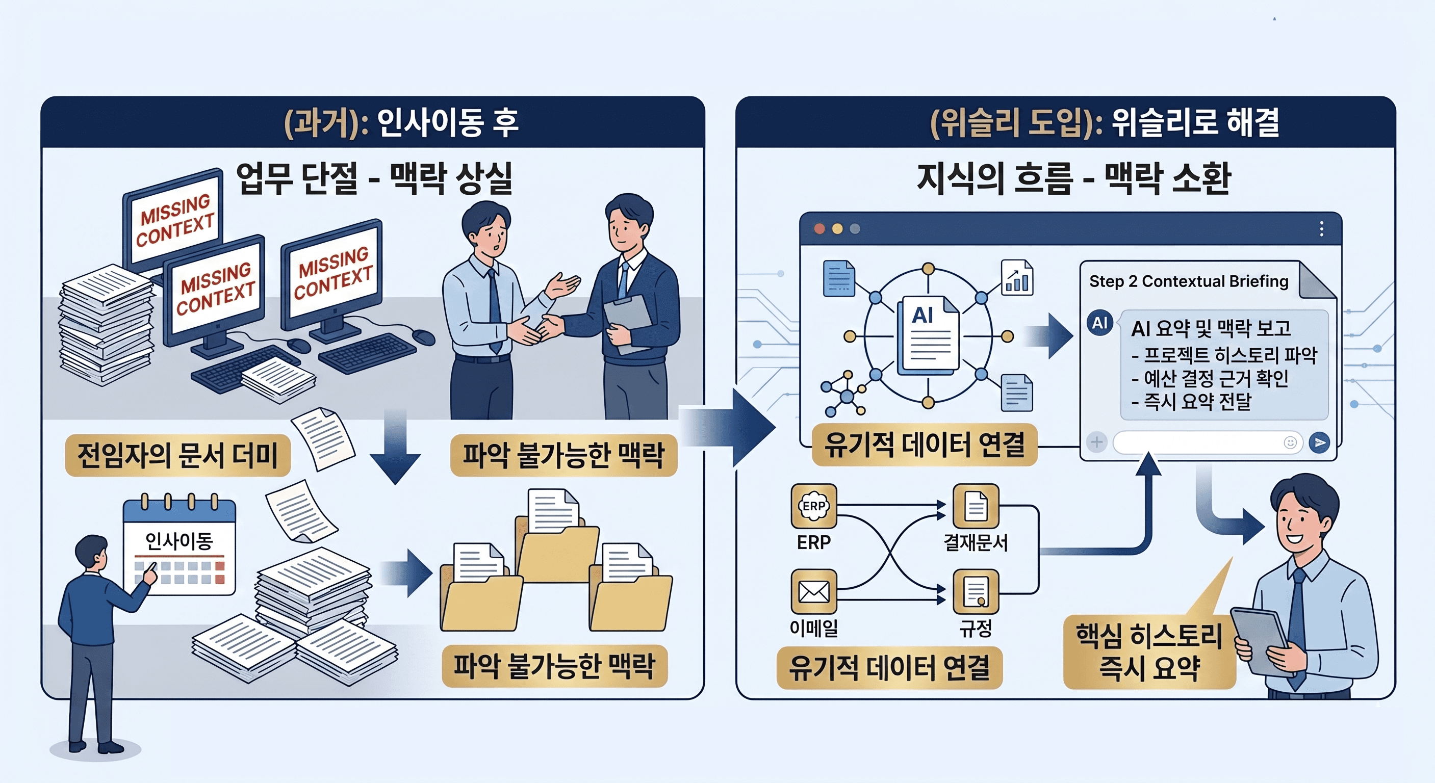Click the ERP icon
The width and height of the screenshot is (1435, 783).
click(814, 506)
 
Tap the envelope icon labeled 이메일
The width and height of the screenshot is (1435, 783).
click(814, 591)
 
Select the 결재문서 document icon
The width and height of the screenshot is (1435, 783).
click(976, 506)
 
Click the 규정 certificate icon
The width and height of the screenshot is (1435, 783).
click(976, 591)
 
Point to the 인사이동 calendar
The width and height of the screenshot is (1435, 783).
click(180, 546)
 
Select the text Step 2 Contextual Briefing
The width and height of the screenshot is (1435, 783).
click(1188, 281)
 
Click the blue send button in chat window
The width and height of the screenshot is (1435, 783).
click(1319, 443)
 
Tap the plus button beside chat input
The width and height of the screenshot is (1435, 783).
click(1096, 443)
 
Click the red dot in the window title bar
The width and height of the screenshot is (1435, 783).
click(819, 229)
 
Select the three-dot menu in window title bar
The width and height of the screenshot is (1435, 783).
click(1321, 229)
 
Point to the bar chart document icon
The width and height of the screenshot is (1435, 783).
click(1017, 277)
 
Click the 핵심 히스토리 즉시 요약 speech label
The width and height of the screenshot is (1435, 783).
click(1149, 651)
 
